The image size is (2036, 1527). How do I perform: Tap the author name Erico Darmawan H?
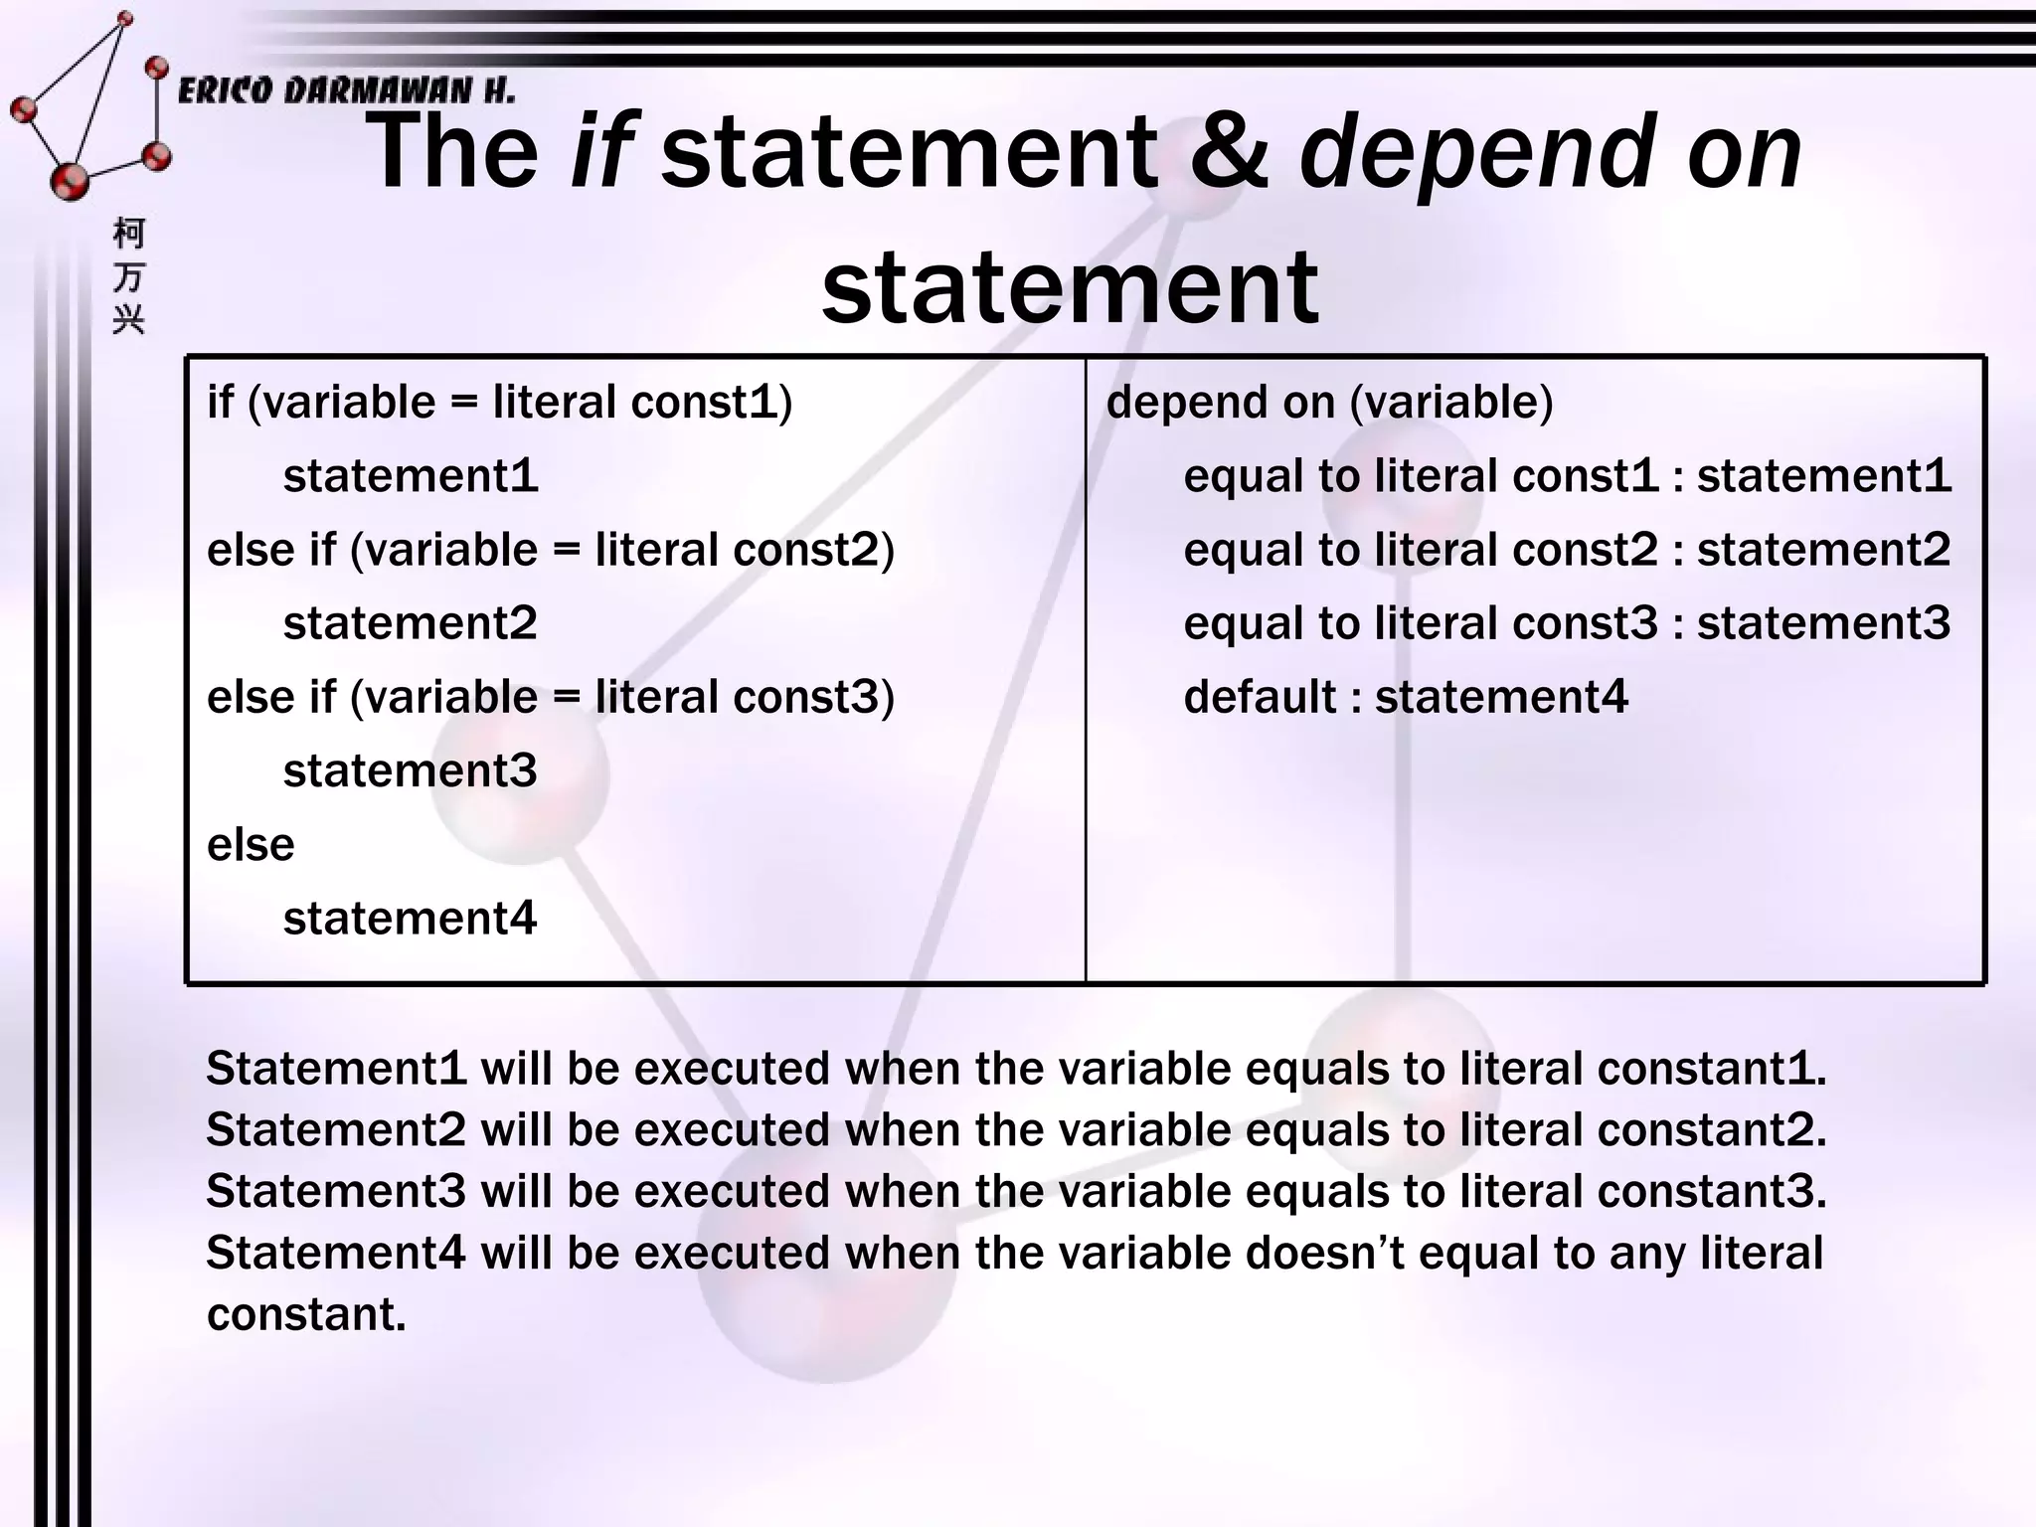tap(346, 91)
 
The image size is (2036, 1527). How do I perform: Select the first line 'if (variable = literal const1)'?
tap(499, 403)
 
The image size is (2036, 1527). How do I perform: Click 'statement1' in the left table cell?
tap(410, 476)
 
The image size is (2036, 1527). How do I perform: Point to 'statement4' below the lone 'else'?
tap(410, 918)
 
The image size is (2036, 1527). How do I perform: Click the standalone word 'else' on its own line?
tap(251, 845)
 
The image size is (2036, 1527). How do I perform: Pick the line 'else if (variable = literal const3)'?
tap(550, 697)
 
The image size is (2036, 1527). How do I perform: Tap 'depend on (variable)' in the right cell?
tap(1329, 403)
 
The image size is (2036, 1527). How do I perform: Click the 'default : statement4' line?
tap(1405, 697)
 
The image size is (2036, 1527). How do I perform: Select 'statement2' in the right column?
tap(1823, 550)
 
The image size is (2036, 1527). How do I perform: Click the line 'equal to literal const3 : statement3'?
tap(1566, 623)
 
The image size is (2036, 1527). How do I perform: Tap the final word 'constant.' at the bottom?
tap(306, 1314)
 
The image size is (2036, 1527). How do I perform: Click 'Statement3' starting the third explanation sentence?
tap(335, 1191)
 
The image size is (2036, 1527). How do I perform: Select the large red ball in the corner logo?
tap(70, 181)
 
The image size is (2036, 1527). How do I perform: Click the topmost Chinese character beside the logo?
tap(129, 234)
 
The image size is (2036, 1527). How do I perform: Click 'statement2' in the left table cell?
tap(410, 623)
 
